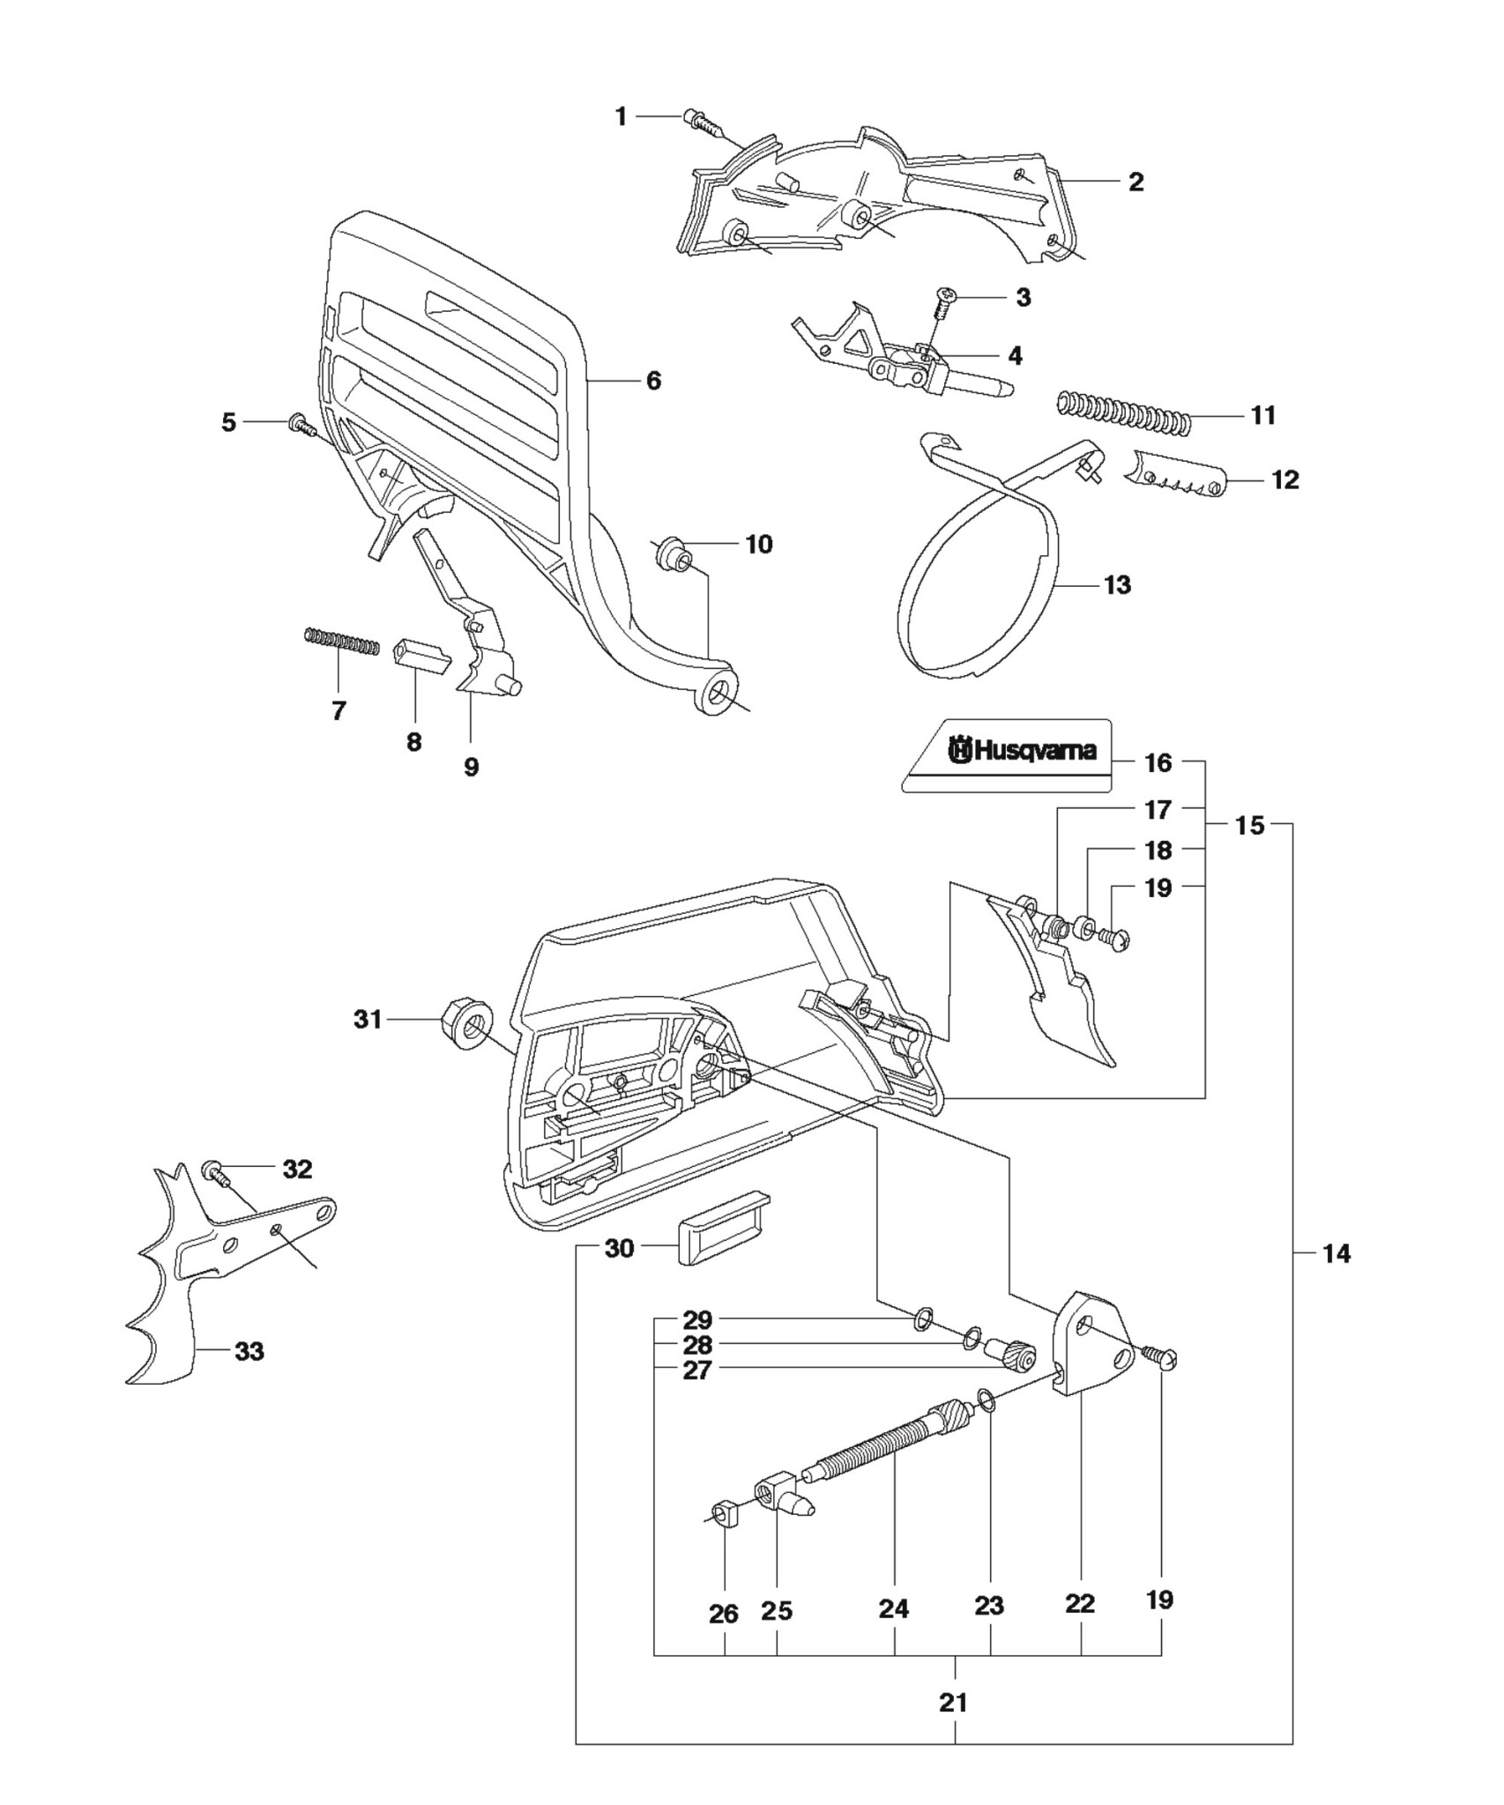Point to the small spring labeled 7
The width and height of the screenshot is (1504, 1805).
[341, 641]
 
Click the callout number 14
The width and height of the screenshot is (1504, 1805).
[1336, 1252]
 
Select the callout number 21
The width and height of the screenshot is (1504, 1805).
[953, 1702]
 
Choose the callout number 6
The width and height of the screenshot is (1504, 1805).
[653, 381]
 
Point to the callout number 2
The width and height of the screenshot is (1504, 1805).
[1136, 182]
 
